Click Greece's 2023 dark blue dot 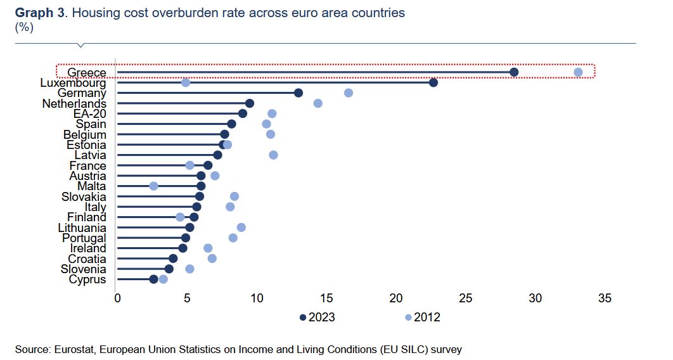[x=514, y=72]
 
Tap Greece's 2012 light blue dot [x=578, y=72]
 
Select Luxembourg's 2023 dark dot [x=433, y=82]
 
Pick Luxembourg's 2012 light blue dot [x=186, y=82]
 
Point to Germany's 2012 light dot [x=349, y=93]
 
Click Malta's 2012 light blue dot [x=153, y=186]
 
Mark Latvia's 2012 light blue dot [x=273, y=155]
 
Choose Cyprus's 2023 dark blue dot [x=153, y=279]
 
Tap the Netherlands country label [x=74, y=103]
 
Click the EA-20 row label [x=89, y=113]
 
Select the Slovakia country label [x=84, y=196]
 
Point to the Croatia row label [x=87, y=259]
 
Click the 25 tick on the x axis [x=466, y=298]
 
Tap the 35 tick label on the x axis [x=605, y=298]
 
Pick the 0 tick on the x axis [x=117, y=298]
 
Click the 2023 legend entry [x=317, y=317]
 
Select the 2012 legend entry [x=422, y=317]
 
